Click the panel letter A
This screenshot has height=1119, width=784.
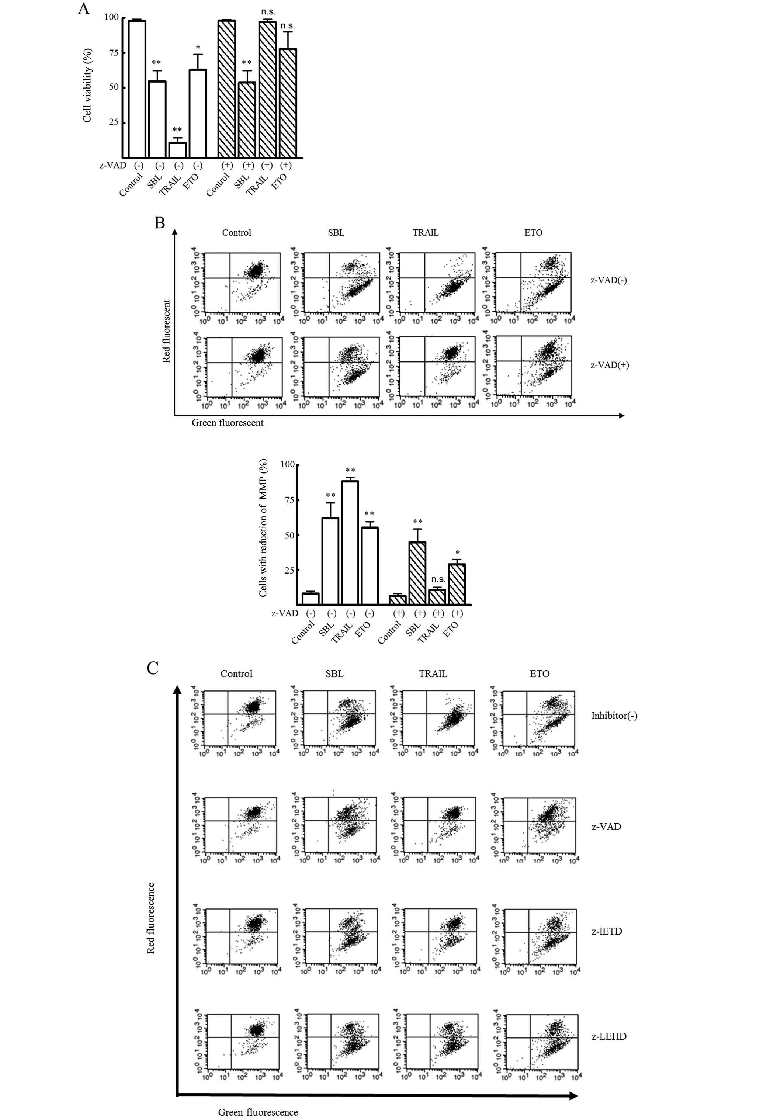point(83,9)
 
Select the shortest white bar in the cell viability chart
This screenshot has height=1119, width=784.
point(177,150)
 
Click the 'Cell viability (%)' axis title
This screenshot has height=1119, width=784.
point(88,85)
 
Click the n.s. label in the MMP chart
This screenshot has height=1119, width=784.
point(438,579)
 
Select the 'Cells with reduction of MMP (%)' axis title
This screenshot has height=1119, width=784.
point(264,528)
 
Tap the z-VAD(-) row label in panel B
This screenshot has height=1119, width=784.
point(608,280)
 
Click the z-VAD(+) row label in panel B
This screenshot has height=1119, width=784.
point(610,365)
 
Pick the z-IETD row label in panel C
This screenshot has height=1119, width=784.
point(607,931)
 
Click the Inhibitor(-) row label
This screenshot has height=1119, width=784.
point(614,716)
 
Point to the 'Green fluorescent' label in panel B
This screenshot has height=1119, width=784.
point(227,423)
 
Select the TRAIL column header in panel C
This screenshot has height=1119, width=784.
point(433,673)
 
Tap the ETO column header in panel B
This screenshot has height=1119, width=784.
point(533,232)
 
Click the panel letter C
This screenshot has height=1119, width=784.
point(153,667)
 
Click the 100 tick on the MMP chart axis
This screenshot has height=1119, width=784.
point(288,464)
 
